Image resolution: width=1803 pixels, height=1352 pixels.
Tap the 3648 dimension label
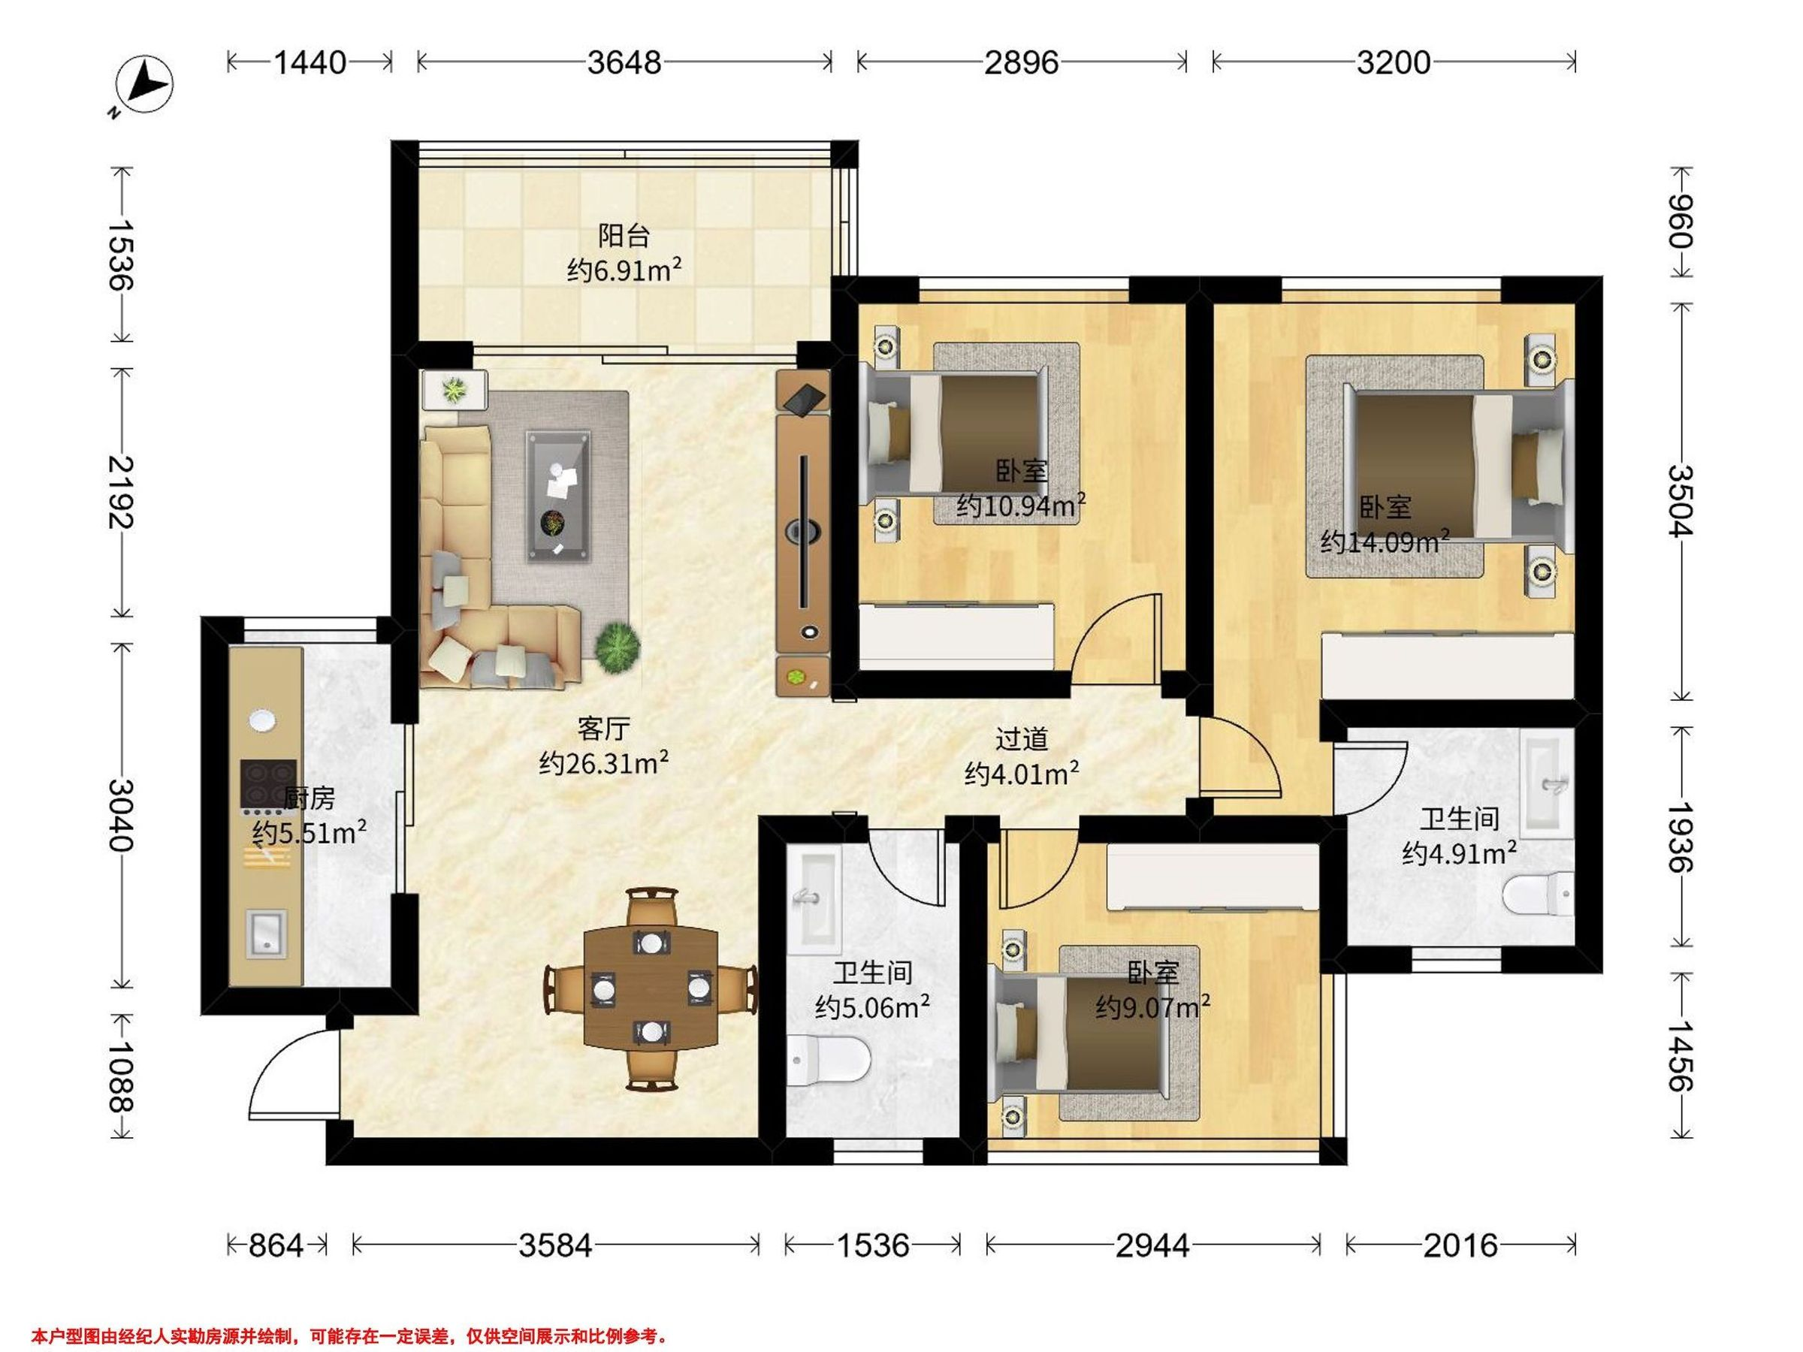(x=624, y=63)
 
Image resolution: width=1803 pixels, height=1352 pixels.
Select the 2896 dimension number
(x=1021, y=63)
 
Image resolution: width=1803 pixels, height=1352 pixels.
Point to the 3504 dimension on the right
(x=1680, y=501)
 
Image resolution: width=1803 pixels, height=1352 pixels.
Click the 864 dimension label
(x=276, y=1246)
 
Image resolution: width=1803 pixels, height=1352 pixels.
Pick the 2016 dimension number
(x=1460, y=1246)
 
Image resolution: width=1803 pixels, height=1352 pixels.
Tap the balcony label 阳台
(x=624, y=237)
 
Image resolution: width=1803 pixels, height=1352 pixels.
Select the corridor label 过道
(x=1021, y=739)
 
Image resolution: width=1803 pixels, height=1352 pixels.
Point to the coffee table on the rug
(x=558, y=496)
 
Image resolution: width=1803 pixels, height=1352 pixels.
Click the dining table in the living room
(x=652, y=988)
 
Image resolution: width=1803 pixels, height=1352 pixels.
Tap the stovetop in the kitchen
(x=267, y=786)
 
